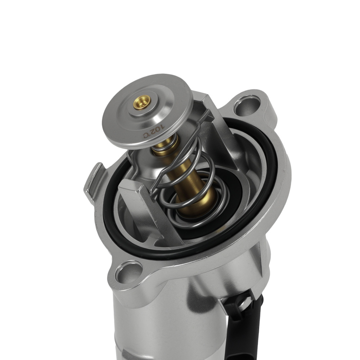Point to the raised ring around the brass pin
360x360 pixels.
(x=144, y=108)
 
